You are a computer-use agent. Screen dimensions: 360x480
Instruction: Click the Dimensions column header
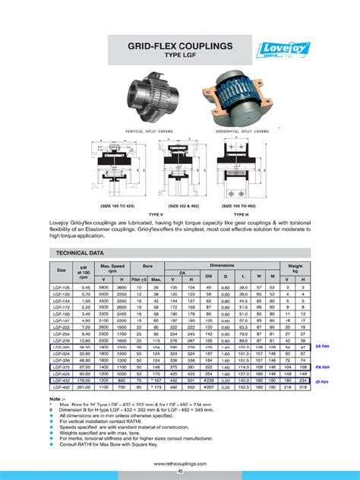click(x=222, y=265)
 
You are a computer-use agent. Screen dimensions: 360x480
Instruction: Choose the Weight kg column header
click(x=295, y=269)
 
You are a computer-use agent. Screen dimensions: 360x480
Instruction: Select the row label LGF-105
click(x=61, y=287)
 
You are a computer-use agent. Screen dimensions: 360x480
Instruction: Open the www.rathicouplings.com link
click(x=180, y=463)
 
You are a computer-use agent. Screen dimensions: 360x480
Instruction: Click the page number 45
click(x=180, y=472)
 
